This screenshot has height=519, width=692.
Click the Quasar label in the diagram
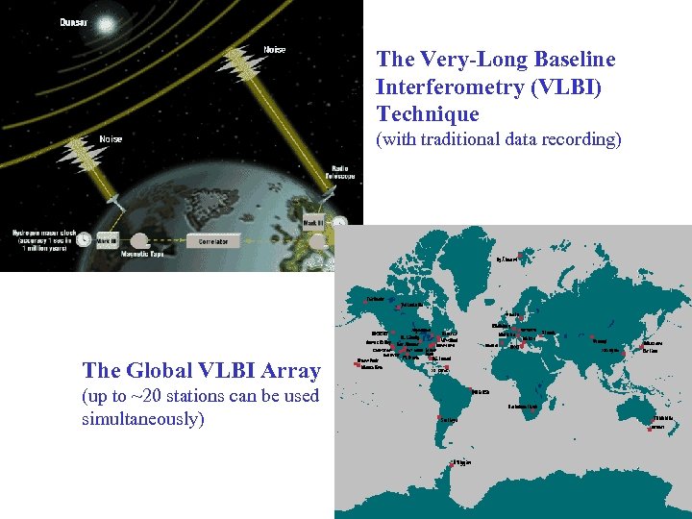click(x=74, y=23)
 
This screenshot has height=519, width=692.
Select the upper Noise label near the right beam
click(x=275, y=50)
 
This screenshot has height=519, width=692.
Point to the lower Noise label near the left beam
click(x=111, y=139)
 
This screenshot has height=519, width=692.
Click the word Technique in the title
click(x=428, y=114)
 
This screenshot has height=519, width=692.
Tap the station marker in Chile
click(x=438, y=419)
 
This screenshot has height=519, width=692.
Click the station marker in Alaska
click(x=367, y=300)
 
